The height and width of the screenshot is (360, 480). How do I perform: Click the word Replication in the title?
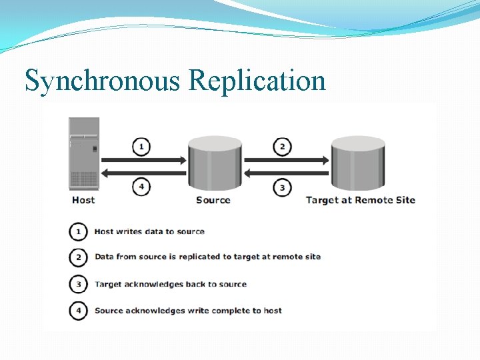[257, 81]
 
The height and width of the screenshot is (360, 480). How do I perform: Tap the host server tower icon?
[84, 153]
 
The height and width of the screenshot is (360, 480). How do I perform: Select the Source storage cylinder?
[215, 163]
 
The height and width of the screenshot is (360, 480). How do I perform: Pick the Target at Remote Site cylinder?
[358, 163]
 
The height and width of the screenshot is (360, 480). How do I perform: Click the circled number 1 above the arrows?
[141, 146]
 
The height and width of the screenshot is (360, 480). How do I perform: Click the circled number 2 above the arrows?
[283, 146]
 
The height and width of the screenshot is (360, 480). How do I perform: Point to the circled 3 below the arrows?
[283, 187]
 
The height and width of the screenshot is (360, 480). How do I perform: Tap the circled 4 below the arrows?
[141, 187]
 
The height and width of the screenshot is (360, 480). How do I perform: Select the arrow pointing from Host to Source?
[144, 160]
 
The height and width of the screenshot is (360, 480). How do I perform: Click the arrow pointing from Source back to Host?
[144, 173]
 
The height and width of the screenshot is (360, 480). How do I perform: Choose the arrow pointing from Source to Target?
[287, 160]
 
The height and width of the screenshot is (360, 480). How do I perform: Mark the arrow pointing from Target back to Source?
[287, 173]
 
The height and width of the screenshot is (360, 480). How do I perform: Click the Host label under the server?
[83, 200]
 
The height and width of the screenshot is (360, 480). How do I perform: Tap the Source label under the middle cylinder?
[213, 200]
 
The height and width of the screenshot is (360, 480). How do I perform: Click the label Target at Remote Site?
[360, 200]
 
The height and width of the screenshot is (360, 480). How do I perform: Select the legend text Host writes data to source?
[149, 231]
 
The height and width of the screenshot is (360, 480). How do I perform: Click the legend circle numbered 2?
[79, 257]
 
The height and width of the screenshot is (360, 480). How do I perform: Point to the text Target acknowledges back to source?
[171, 284]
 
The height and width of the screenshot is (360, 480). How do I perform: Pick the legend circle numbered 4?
[79, 310]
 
